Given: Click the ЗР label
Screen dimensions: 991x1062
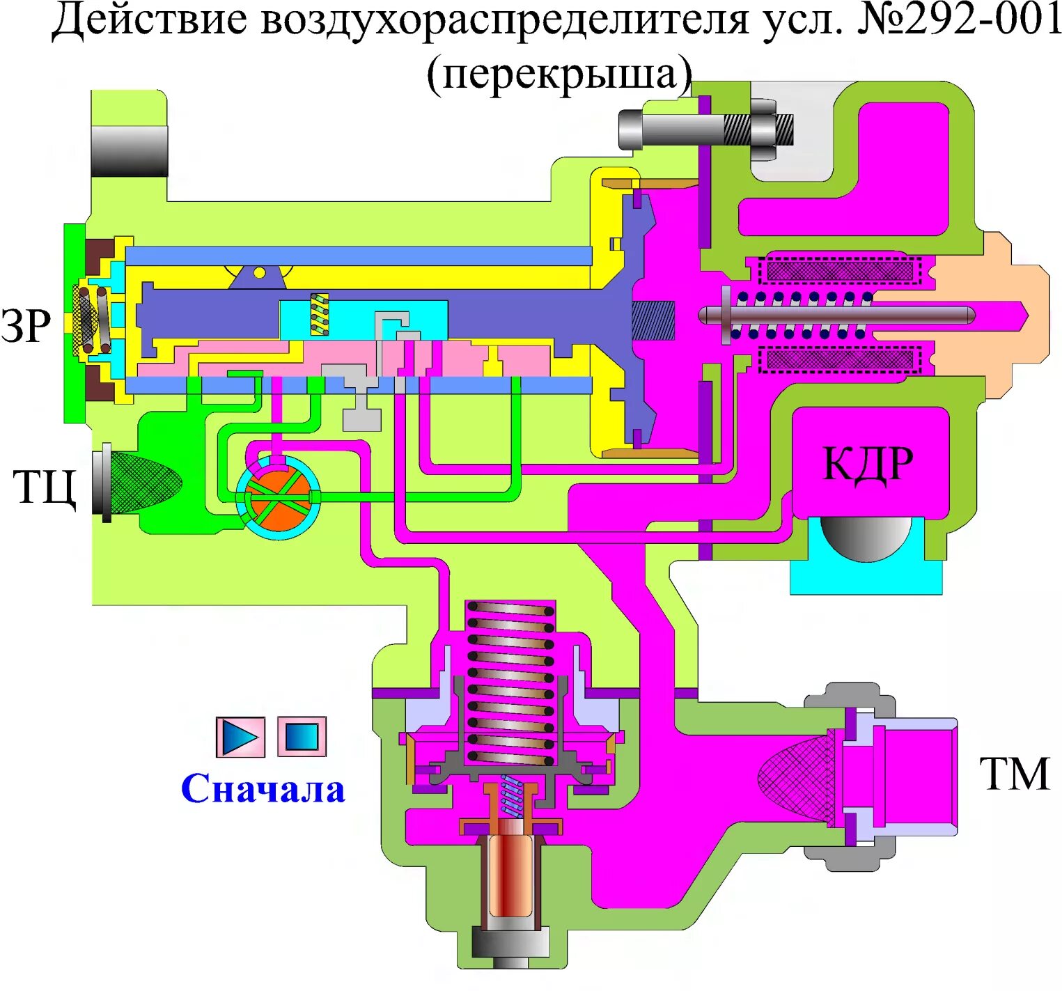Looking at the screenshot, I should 26,325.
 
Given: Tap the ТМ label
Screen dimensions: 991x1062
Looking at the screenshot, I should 1014,774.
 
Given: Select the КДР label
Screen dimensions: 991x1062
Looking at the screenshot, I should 868,462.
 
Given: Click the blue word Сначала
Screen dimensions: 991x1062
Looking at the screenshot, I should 263,789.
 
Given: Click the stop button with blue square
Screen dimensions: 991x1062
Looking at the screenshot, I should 302,736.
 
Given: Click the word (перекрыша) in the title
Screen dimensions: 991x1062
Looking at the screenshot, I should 559,74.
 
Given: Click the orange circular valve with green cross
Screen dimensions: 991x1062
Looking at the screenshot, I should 278,497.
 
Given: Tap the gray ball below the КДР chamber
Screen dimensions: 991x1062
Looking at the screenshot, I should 866,537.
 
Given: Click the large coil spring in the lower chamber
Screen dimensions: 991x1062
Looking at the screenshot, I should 510,682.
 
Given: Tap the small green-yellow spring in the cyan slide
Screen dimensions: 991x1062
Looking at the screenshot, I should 319,314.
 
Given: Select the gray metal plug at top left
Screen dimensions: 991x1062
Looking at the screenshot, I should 129,150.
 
